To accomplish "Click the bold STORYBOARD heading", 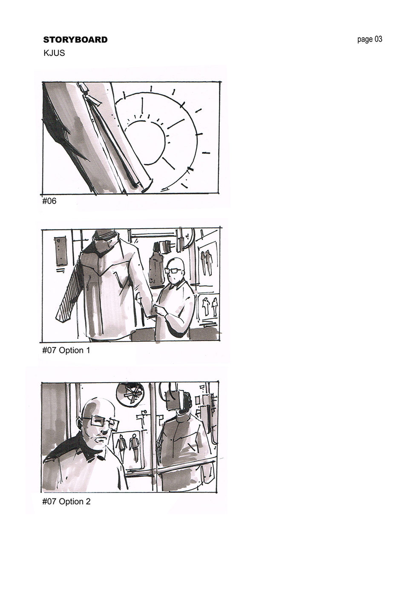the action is (75, 40).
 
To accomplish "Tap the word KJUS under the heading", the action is (54, 53).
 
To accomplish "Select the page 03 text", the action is (370, 40).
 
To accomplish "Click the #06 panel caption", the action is (49, 201).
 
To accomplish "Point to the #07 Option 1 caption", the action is (66, 350).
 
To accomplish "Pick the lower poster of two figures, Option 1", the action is (208, 306).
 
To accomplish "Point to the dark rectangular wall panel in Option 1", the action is (60, 251).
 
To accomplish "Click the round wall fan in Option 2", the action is (130, 394).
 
